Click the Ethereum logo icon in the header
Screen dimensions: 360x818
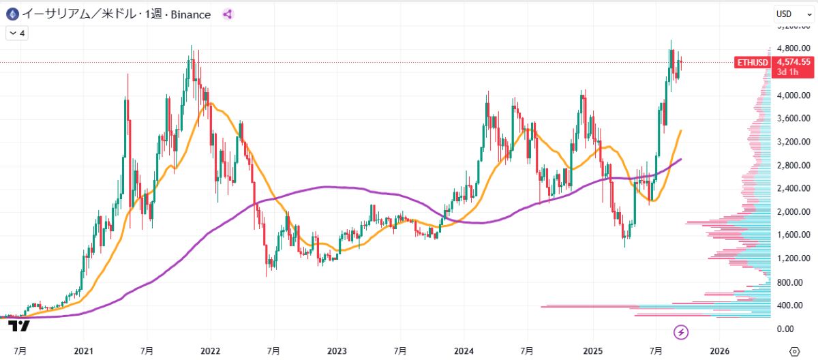[12, 14]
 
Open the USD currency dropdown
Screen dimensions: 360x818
[791, 14]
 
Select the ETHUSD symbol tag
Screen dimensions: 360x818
[752, 63]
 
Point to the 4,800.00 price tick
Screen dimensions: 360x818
[793, 49]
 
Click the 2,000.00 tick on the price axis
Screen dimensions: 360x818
[793, 212]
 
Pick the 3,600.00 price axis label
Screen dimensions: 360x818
[793, 119]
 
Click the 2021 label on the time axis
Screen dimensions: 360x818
[83, 350]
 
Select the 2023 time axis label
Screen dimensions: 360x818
[337, 350]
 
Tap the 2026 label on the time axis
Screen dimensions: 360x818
[719, 350]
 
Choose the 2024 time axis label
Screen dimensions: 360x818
[464, 350]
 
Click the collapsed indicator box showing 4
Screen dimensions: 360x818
[16, 32]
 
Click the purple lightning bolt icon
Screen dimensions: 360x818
[681, 332]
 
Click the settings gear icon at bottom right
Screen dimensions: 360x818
[793, 350]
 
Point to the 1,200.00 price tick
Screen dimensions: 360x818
[793, 258]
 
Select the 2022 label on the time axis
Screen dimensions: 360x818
[210, 350]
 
